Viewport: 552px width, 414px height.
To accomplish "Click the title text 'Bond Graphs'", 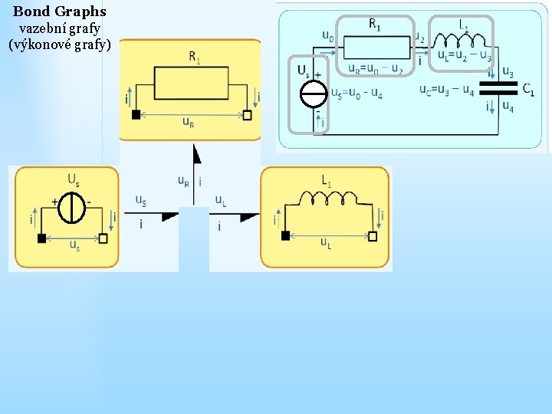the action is (60, 12).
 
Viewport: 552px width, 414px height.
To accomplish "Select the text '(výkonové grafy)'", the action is (60, 44).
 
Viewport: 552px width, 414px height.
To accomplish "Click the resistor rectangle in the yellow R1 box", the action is (191, 83).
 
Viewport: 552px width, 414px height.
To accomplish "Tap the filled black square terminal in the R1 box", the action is (136, 115).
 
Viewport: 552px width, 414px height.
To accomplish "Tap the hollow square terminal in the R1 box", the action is (247, 115).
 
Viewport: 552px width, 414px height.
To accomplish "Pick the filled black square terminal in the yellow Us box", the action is (41, 238).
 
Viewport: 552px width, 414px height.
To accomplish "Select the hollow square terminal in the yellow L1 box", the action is (373, 236).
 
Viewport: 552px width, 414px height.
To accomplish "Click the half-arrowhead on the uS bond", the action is (169, 217).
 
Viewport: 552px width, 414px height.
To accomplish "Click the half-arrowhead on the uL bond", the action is (250, 217).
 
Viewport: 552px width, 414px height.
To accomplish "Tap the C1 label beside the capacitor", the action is (528, 89).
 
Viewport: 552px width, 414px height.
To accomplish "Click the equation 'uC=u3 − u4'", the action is (446, 89).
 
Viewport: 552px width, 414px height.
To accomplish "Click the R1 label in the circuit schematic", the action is (375, 24).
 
